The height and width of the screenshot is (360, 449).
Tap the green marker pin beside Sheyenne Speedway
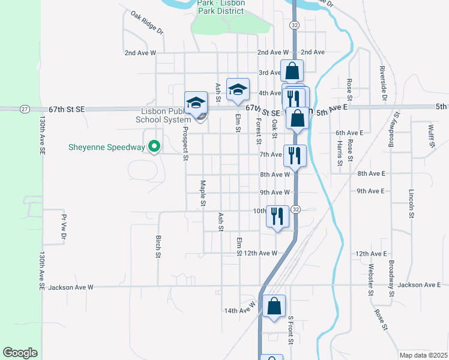(154, 146)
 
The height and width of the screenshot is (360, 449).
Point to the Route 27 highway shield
(24, 109)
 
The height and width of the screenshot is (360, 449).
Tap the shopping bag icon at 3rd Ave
(291, 71)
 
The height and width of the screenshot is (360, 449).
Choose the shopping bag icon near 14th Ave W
(274, 306)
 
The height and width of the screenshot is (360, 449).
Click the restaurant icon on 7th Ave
(295, 155)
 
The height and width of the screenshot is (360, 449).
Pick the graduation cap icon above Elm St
(238, 89)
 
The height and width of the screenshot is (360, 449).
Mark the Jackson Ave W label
(71, 287)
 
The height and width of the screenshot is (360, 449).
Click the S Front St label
(291, 331)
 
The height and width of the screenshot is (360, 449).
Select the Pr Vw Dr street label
(63, 229)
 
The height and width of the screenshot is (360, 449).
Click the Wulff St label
(431, 136)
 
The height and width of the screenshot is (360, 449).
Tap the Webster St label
(372, 277)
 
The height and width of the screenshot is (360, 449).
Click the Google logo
(20, 353)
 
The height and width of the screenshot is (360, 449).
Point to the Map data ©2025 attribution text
(423, 355)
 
